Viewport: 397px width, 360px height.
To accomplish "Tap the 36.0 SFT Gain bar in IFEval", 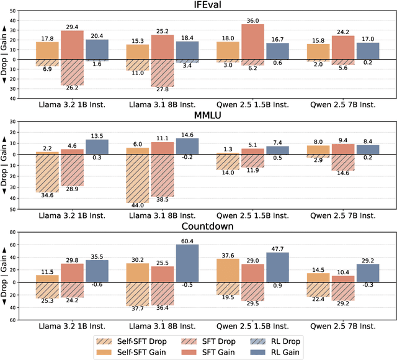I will (252, 42).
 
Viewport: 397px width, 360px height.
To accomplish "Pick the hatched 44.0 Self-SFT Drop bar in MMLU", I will (137, 178).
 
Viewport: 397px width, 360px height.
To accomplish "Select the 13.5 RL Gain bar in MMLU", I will (97, 146).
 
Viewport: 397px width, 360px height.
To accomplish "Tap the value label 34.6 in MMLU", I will (48, 195).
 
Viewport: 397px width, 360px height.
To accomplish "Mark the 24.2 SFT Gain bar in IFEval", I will (342, 47).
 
